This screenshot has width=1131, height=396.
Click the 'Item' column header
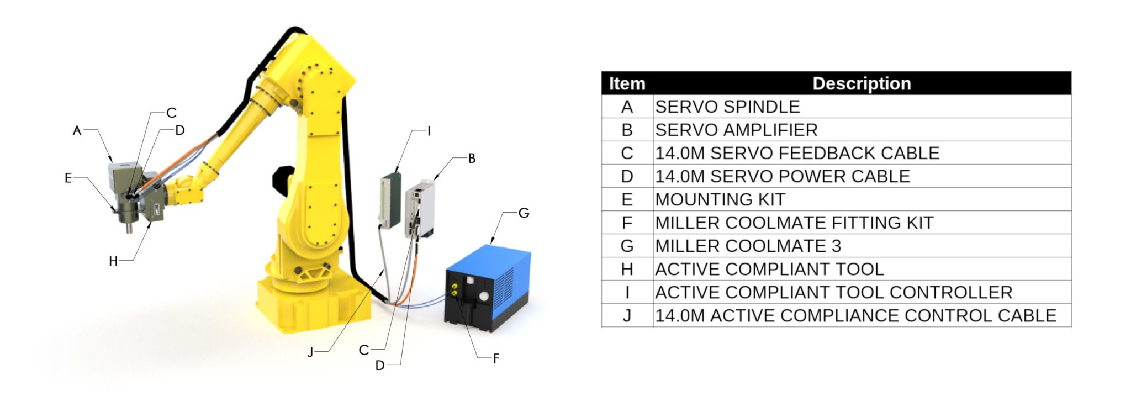(627, 83)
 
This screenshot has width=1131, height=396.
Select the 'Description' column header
(862, 83)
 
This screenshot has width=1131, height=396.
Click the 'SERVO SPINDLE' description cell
(727, 107)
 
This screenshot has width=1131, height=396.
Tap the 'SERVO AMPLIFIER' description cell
(736, 130)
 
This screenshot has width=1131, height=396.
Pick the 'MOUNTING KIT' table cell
(720, 199)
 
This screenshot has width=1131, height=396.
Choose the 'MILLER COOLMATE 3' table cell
(748, 246)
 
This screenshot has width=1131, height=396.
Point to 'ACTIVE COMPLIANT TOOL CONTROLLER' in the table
(833, 292)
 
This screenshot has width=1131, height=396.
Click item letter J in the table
(627, 315)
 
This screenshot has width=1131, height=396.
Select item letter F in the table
(627, 223)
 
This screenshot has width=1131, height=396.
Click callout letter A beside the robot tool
(77, 130)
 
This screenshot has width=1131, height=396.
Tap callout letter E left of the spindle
(68, 178)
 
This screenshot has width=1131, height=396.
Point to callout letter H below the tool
(113, 261)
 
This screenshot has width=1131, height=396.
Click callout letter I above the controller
(429, 131)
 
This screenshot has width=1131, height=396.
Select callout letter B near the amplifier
(472, 159)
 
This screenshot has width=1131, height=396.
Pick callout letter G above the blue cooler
(524, 213)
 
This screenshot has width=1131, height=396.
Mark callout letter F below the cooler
(496, 358)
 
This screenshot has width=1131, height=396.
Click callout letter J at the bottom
(310, 352)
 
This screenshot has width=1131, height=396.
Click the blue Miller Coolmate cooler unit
(489, 287)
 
